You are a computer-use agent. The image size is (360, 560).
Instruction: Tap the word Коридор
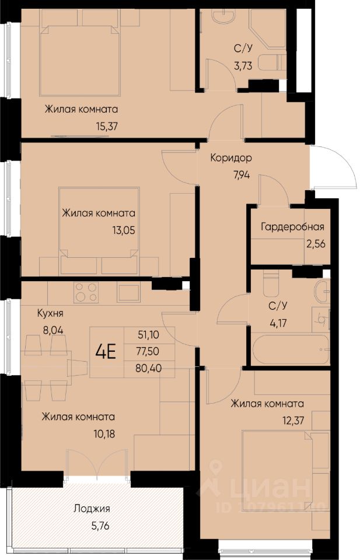pos(230,157)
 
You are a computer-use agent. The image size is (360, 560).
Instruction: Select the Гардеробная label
pos(292,227)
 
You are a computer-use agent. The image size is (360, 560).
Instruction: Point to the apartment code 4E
pos(106,352)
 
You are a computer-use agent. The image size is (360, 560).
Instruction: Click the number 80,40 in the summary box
pos(149,368)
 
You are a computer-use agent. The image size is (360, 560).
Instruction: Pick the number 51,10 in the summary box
pos(148,335)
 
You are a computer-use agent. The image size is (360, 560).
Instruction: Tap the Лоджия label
pos(92,509)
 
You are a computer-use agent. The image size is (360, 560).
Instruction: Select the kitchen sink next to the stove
pos(128,292)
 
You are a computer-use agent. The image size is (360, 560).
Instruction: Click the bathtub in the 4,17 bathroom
pos(289,349)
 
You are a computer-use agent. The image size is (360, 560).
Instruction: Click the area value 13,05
pos(124,230)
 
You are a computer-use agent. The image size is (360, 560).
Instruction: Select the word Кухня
pos(50,313)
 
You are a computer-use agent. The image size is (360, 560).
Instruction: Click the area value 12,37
pos(293,421)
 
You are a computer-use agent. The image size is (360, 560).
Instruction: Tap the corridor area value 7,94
pos(241,175)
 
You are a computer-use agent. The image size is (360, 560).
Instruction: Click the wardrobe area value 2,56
pos(316,244)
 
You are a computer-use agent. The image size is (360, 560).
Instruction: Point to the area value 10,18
pos(104,434)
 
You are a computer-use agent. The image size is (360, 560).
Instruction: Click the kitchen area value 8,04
pos(53,330)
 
